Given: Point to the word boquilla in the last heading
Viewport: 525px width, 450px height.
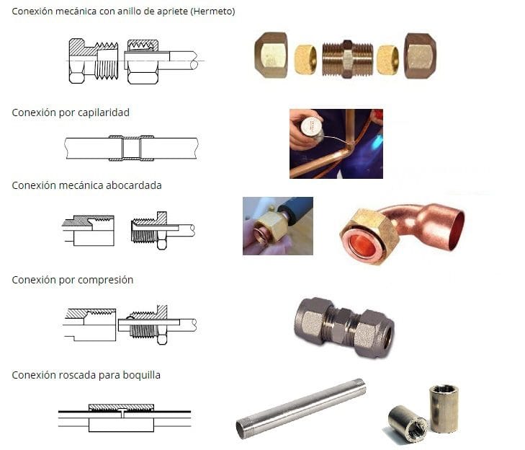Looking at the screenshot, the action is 141,375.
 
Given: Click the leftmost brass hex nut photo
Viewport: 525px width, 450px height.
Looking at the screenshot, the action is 271,55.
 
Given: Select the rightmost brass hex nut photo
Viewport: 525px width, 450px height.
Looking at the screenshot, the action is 420,56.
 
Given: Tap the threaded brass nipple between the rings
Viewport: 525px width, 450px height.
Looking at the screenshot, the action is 347,59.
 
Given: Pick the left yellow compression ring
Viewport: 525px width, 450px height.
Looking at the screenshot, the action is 305,59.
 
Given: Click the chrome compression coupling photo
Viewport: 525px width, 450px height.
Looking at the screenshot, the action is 344,327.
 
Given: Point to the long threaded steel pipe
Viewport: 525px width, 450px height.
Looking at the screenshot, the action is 301,409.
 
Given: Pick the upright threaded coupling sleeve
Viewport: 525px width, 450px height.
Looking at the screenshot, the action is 444,408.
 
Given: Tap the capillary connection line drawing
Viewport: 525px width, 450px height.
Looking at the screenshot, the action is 131,149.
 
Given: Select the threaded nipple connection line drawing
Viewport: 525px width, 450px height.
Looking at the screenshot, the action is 125,418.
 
